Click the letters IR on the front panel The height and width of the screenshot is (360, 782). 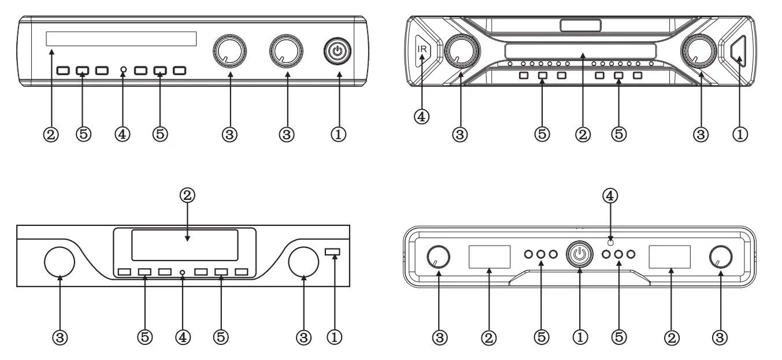point(422,49)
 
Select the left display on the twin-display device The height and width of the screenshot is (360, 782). point(489,256)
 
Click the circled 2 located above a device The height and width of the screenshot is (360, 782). point(186,196)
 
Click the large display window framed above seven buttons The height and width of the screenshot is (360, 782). point(184,244)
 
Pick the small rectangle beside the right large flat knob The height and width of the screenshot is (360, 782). point(333,251)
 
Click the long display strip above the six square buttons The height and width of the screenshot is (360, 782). point(121,39)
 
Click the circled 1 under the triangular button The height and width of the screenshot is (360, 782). point(740,134)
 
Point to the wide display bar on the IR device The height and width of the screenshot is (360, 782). point(580,50)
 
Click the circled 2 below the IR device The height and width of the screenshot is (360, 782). point(583,134)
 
